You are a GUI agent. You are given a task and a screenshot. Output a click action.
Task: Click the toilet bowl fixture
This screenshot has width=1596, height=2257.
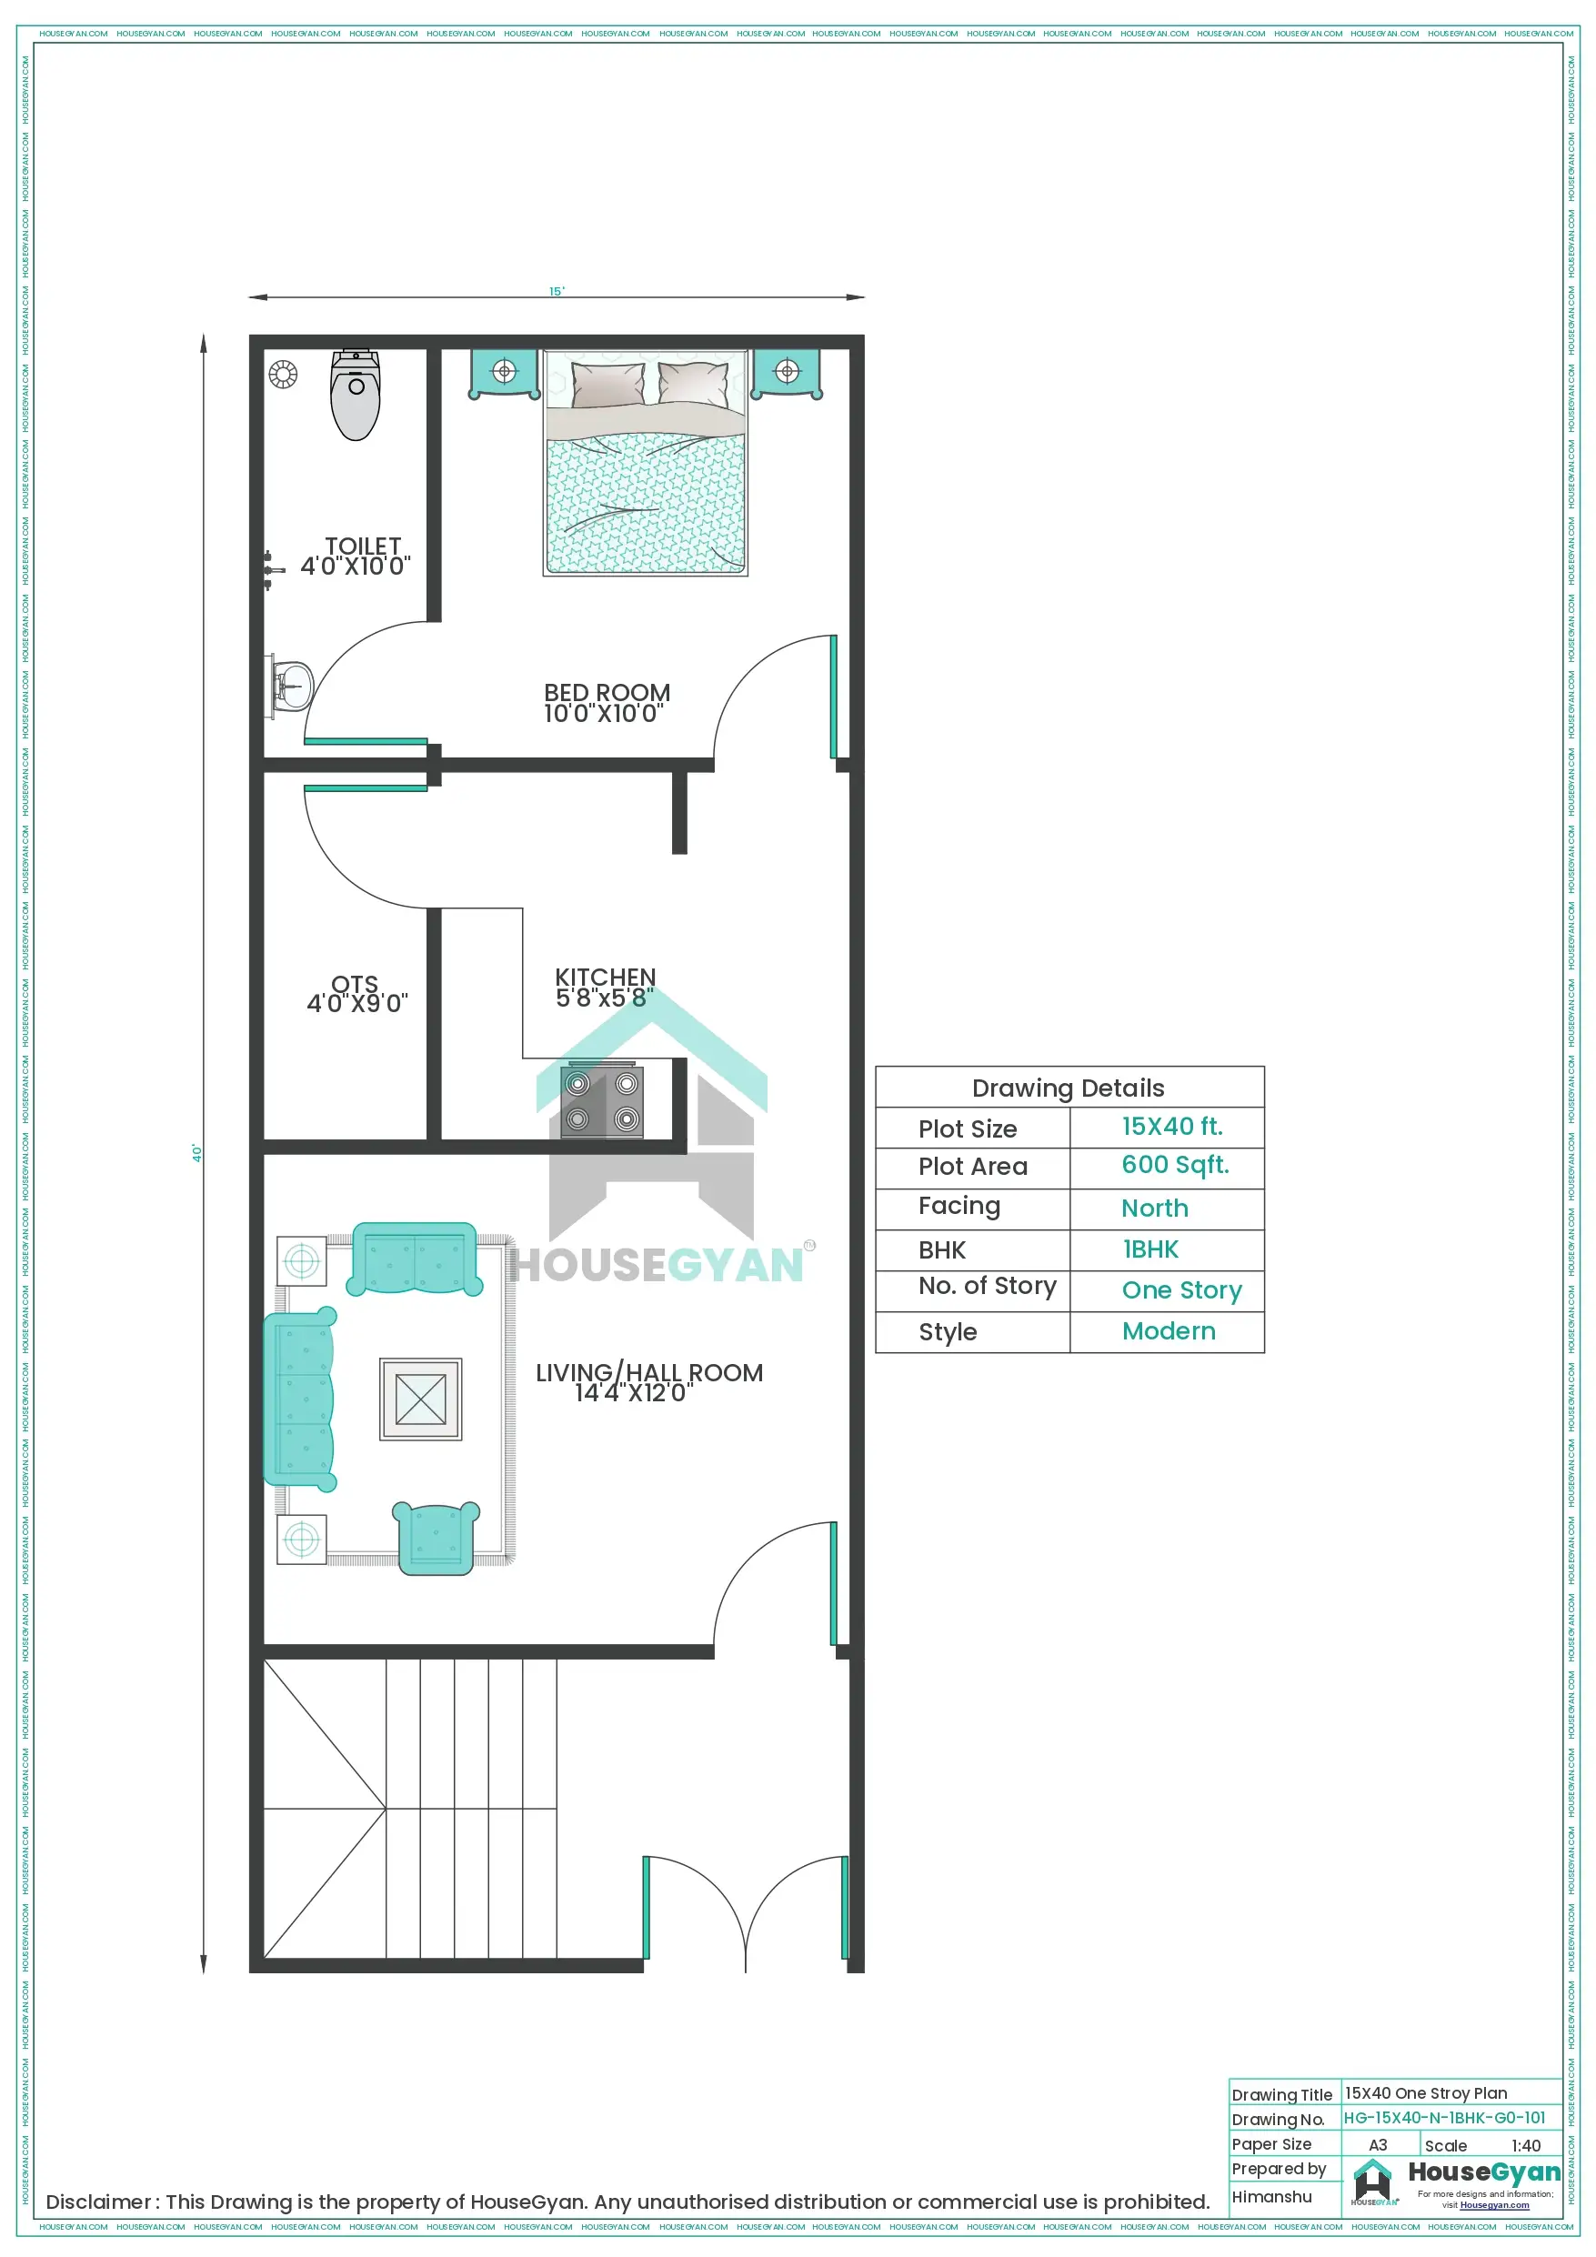pyautogui.click(x=356, y=397)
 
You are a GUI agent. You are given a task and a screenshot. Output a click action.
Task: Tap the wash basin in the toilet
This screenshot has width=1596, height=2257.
pyautogui.click(x=292, y=685)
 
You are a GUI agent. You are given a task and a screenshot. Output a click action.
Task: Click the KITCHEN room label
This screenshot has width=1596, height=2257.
pyautogui.click(x=605, y=978)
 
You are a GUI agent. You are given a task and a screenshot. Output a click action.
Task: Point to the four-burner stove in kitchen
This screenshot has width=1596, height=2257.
pyautogui.click(x=602, y=1101)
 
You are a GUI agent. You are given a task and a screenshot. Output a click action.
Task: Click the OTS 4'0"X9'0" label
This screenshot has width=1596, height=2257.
pyautogui.click(x=356, y=994)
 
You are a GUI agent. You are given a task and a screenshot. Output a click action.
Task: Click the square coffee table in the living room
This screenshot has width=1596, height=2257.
pyautogui.click(x=421, y=1399)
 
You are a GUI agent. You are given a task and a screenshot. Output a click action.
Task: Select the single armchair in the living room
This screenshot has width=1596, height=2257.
pyautogui.click(x=436, y=1537)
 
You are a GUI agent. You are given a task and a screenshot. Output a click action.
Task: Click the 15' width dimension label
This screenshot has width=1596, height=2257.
pyautogui.click(x=557, y=291)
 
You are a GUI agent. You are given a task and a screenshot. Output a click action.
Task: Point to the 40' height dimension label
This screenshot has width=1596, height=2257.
pyautogui.click(x=196, y=1153)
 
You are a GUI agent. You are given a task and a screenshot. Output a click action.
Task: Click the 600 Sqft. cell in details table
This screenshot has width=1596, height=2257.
pyautogui.click(x=1174, y=1165)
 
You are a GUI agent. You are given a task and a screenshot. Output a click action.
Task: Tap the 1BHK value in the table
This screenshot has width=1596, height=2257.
pyautogui.click(x=1150, y=1249)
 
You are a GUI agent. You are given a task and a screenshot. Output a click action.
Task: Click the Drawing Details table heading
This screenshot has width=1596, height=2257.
pyautogui.click(x=1068, y=1088)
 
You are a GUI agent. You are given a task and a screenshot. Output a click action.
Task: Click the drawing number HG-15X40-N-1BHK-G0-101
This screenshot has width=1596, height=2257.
pyautogui.click(x=1443, y=2117)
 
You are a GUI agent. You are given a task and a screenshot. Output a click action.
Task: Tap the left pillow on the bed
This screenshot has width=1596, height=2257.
pyautogui.click(x=607, y=385)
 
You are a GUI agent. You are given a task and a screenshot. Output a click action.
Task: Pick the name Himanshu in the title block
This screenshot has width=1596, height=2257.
pyautogui.click(x=1271, y=2197)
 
